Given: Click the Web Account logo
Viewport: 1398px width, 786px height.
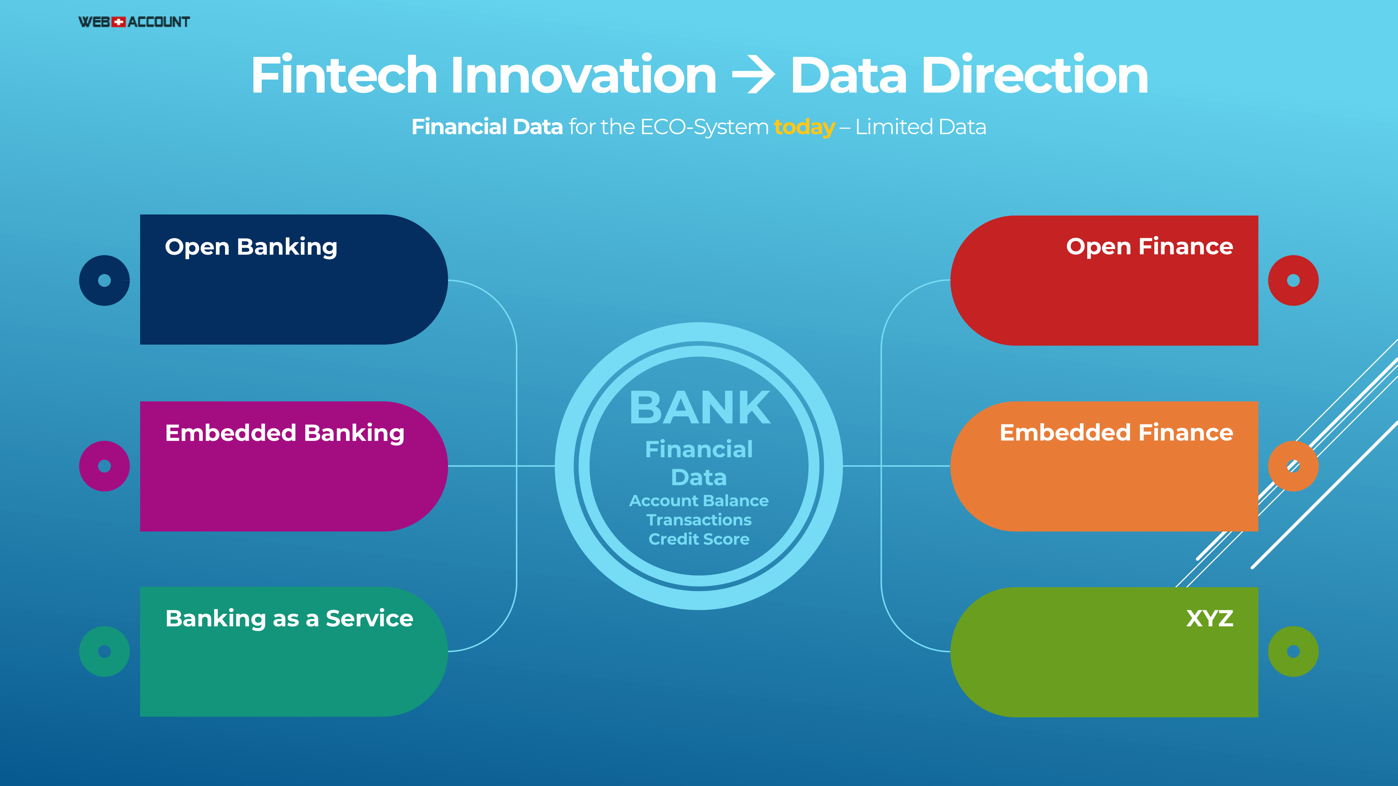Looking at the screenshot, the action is [x=134, y=22].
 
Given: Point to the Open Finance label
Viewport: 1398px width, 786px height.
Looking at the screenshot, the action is [x=1150, y=247].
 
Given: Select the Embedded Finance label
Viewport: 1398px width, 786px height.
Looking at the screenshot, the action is [x=1116, y=433].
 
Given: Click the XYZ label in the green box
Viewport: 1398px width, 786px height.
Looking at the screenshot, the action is [x=1210, y=618].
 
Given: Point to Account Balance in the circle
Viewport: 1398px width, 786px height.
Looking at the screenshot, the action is [x=699, y=501].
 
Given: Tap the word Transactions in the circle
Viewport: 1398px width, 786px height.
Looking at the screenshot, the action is [x=699, y=520].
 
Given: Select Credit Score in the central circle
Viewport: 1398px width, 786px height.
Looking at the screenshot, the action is [x=699, y=539].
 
